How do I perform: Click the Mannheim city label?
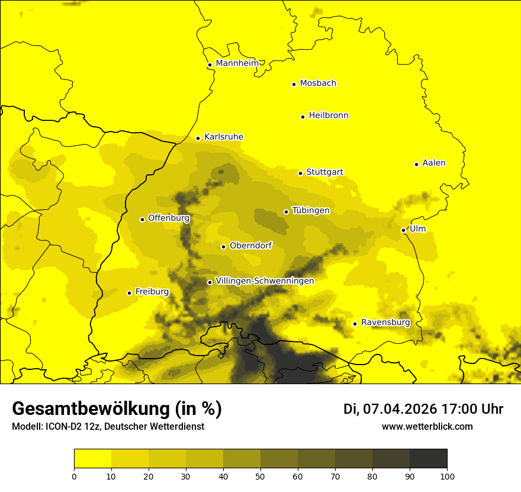(237, 63)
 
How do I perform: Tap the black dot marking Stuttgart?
(300, 173)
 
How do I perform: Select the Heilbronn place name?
(329, 116)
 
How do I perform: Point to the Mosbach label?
(318, 84)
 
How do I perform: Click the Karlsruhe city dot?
(198, 138)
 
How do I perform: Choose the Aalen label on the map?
(434, 163)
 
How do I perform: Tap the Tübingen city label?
(311, 210)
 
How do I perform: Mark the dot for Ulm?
(403, 230)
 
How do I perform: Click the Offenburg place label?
(169, 218)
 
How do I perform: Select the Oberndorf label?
(251, 245)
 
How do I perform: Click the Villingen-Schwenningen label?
(265, 281)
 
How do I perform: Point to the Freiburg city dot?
(129, 293)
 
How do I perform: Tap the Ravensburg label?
(385, 322)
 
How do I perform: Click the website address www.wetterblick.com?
(427, 427)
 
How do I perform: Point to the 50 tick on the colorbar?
(260, 475)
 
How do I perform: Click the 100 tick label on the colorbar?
(447, 475)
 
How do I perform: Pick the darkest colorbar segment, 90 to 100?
(428, 458)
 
